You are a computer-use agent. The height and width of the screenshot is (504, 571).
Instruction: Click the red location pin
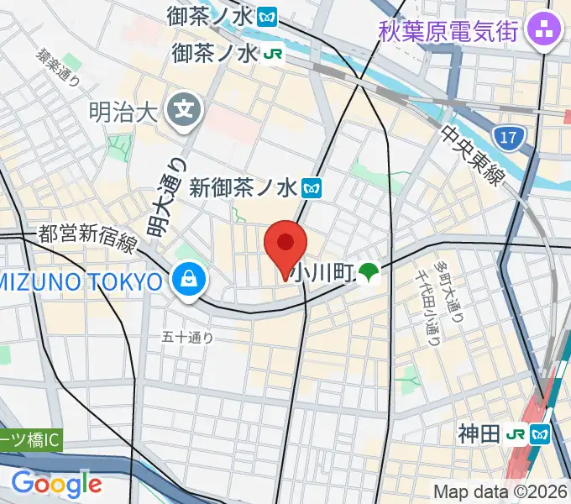coord(285,243)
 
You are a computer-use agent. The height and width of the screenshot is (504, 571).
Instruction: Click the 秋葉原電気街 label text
coord(448,31)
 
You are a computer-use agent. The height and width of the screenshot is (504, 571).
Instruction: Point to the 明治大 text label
coord(123,112)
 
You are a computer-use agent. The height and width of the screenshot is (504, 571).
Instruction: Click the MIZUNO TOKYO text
coord(81,281)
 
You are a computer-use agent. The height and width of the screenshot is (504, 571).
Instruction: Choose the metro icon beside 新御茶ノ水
coord(313,187)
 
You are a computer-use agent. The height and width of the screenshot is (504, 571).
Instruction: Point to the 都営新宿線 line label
coord(87,239)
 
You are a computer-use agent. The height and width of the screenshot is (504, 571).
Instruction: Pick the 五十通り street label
coord(189,338)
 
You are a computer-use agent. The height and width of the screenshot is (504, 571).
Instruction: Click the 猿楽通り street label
coord(58,68)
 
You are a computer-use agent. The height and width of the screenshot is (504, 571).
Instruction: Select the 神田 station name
coord(479,434)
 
